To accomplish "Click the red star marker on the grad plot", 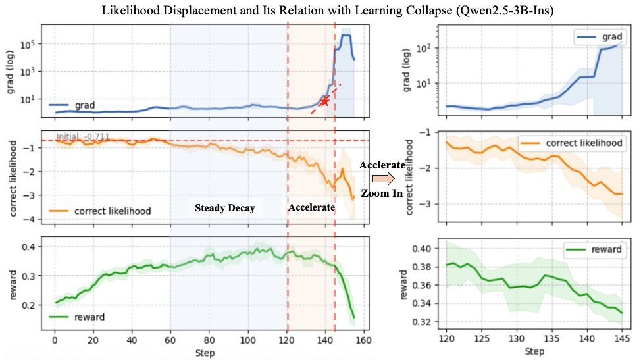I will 324,101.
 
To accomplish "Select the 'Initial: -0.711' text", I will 82,137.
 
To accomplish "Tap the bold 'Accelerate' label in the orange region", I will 311,207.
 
